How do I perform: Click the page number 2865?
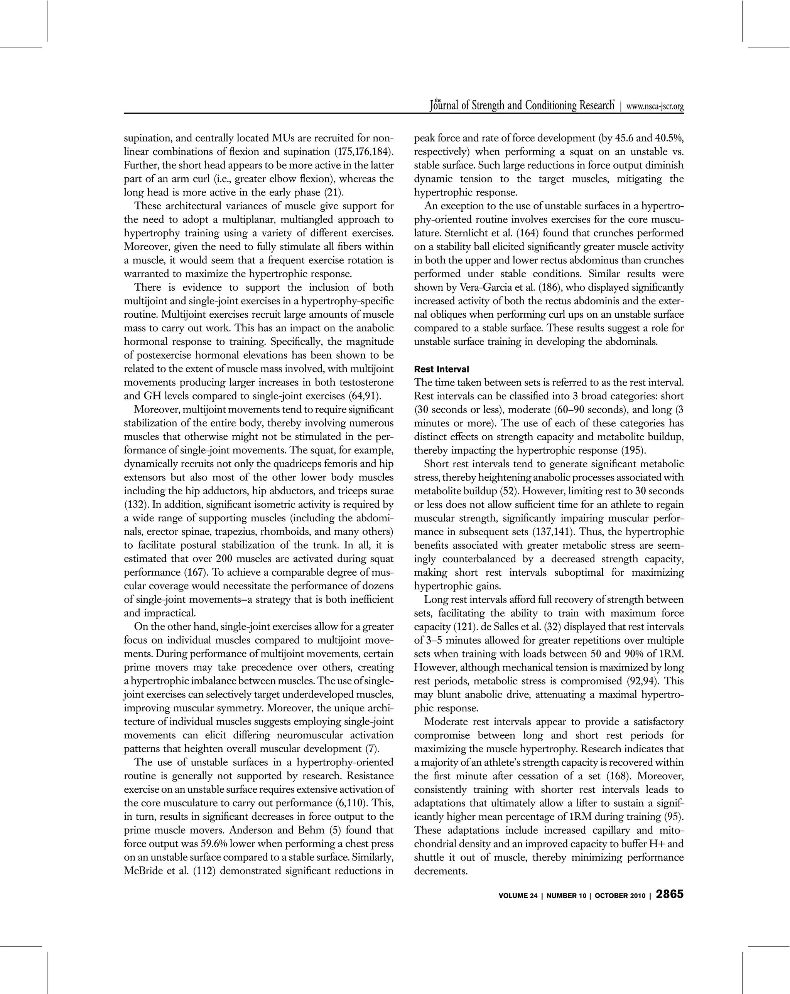click(669, 895)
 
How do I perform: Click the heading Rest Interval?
click(441, 369)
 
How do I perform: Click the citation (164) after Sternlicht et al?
click(524, 233)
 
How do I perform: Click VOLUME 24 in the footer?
click(518, 896)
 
